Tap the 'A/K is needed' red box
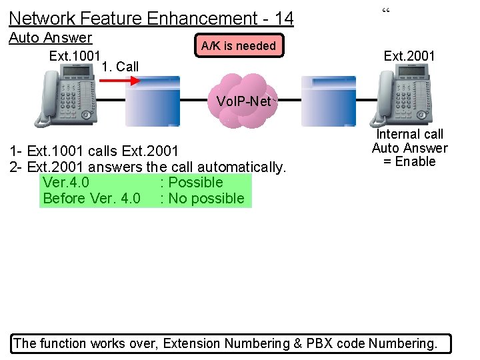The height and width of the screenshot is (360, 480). pos(239,45)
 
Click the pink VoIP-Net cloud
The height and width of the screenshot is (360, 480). pos(243,101)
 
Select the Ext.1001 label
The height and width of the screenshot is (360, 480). pos(75,55)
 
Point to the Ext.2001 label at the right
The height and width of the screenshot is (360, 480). pos(409,56)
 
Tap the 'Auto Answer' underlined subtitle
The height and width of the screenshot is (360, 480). pos(51,37)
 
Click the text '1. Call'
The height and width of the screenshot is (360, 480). pos(121,66)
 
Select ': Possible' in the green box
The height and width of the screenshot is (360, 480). pos(191,182)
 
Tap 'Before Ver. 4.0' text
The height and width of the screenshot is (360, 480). pos(91,198)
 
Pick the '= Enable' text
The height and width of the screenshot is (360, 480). pos(409,161)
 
